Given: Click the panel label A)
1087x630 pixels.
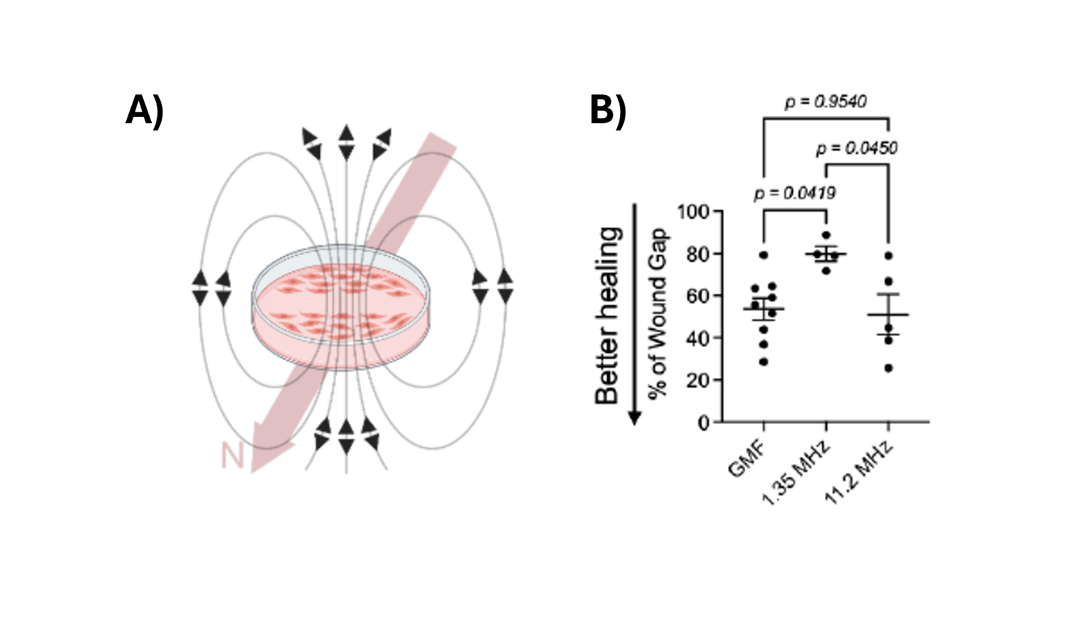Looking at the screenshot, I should (145, 110).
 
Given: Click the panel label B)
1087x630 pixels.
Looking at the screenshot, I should (607, 110).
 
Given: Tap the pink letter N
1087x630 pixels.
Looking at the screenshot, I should (232, 456).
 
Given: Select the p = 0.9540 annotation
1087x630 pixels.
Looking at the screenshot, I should (826, 101).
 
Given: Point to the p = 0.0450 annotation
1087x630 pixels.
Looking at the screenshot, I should (856, 148).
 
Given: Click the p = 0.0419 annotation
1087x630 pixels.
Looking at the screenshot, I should (794, 194).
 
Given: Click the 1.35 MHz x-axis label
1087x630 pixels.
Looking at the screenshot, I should (795, 473).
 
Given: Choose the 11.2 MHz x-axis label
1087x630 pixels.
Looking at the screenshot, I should (858, 473).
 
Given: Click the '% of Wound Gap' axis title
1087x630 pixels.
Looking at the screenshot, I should (658, 313).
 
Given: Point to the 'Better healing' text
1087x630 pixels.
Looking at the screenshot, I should (608, 316).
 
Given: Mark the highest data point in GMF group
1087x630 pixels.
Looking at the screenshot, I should (763, 255).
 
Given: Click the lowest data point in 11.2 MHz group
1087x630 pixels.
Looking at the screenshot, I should (888, 369).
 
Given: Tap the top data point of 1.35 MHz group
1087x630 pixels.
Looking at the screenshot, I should (826, 235).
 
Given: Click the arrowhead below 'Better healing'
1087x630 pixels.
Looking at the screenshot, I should (635, 418).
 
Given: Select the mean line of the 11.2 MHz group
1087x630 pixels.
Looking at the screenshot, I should (888, 315).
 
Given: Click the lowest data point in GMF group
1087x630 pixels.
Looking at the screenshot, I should (763, 362).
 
